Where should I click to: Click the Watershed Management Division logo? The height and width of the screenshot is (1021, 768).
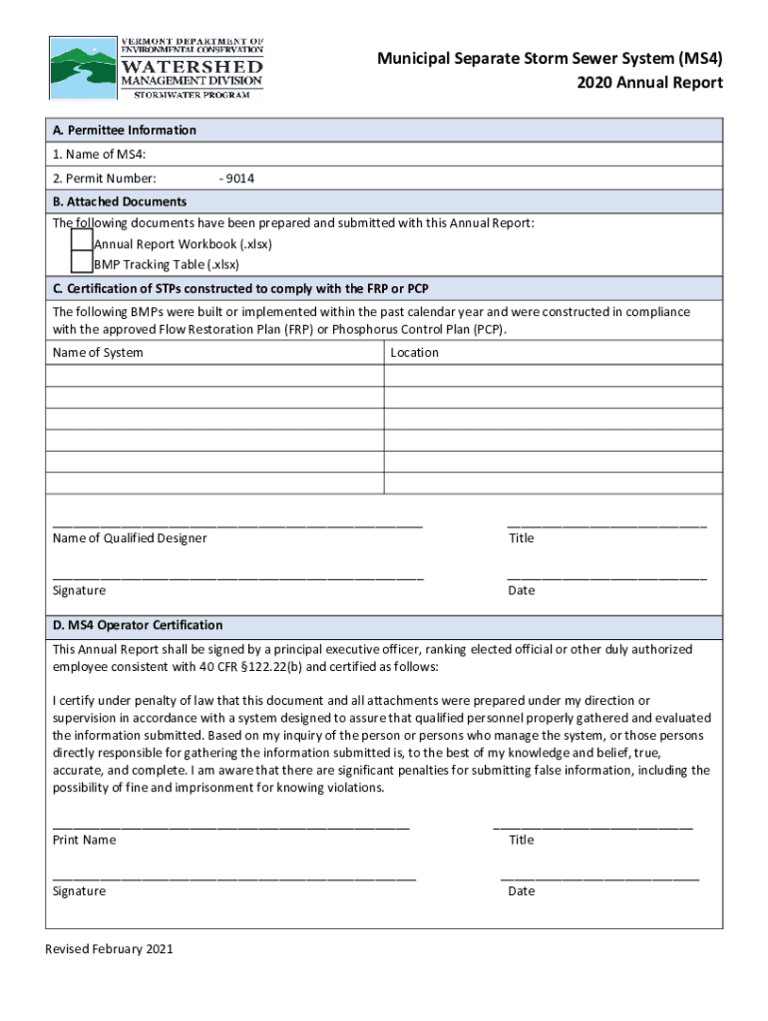[158, 68]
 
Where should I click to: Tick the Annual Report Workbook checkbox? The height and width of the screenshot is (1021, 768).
[82, 242]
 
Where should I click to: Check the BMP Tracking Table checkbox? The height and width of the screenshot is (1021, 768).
[82, 263]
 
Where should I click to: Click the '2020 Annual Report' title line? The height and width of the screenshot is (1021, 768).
[649, 83]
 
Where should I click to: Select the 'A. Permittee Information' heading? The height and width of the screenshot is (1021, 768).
[125, 131]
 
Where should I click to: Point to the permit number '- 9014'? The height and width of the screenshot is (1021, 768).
[236, 178]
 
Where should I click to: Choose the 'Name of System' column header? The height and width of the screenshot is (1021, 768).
[98, 353]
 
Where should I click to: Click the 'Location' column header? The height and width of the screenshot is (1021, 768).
[414, 353]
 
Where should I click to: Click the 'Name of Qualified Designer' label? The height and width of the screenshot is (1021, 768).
[130, 538]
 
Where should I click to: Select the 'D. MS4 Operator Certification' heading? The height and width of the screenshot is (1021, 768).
[138, 626]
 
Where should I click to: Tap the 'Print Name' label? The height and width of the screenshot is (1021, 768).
[84, 841]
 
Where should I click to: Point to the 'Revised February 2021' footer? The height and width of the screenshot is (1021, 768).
[109, 949]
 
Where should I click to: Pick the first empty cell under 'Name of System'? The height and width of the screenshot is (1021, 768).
[213, 375]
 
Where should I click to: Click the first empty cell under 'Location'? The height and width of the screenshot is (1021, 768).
[553, 375]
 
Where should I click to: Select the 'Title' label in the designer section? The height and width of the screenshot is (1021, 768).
[521, 538]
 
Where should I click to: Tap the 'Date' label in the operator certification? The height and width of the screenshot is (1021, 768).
[521, 891]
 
